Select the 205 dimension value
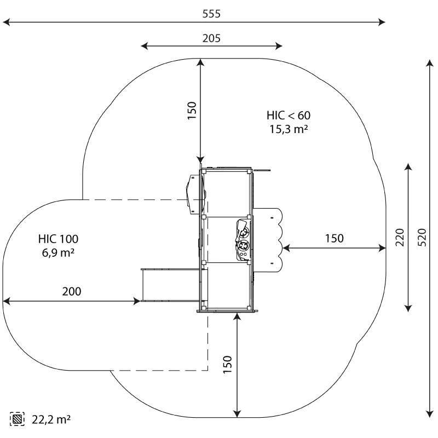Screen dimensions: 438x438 point(211,38)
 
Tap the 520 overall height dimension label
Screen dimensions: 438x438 point(423,237)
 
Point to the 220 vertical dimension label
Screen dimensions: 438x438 point(400,238)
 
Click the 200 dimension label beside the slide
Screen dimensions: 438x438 point(71,291)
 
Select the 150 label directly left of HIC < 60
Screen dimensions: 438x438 point(192,110)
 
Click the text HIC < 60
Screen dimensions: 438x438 point(288,116)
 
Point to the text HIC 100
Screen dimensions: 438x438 point(58,239)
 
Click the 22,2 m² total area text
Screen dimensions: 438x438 point(50,419)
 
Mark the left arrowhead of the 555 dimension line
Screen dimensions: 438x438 point(7,22)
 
